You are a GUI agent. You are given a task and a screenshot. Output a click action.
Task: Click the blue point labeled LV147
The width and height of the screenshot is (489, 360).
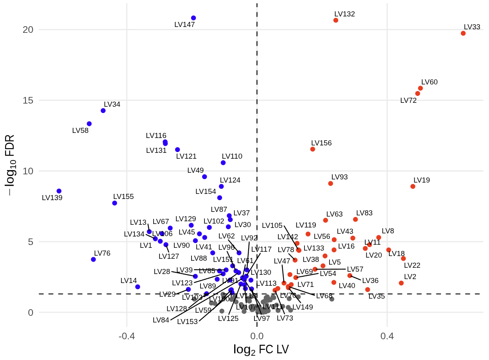click(193, 18)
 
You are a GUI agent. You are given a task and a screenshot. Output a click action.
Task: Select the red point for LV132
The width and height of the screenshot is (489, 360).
click(336, 20)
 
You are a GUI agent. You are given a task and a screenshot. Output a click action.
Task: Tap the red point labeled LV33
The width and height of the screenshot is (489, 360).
click(463, 33)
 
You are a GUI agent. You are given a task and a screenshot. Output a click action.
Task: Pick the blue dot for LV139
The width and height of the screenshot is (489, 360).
click(59, 191)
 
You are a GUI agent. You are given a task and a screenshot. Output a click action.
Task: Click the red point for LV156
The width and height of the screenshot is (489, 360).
click(313, 149)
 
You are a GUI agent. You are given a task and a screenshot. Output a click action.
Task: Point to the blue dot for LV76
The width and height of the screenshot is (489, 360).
click(93, 260)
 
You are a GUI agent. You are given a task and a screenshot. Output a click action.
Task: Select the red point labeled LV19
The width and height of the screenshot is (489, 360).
click(413, 186)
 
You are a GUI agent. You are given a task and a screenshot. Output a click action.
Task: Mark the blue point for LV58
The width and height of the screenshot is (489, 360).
click(89, 124)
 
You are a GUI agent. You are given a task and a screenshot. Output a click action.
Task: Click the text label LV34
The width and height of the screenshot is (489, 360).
click(112, 104)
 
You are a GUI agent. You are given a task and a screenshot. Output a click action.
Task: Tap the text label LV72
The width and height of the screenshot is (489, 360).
click(408, 100)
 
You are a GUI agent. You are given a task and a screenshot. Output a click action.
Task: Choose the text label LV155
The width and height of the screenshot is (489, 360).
click(124, 197)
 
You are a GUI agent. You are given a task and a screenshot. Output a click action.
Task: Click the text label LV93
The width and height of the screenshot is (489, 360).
click(339, 177)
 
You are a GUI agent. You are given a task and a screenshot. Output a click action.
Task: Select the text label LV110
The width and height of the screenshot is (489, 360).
click(232, 156)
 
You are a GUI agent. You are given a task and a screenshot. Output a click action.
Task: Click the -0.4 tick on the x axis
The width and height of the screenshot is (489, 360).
click(127, 336)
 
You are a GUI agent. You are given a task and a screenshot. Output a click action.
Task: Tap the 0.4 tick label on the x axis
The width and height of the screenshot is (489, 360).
click(387, 336)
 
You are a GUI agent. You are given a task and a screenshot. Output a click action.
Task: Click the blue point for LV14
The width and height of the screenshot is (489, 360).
click(138, 287)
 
